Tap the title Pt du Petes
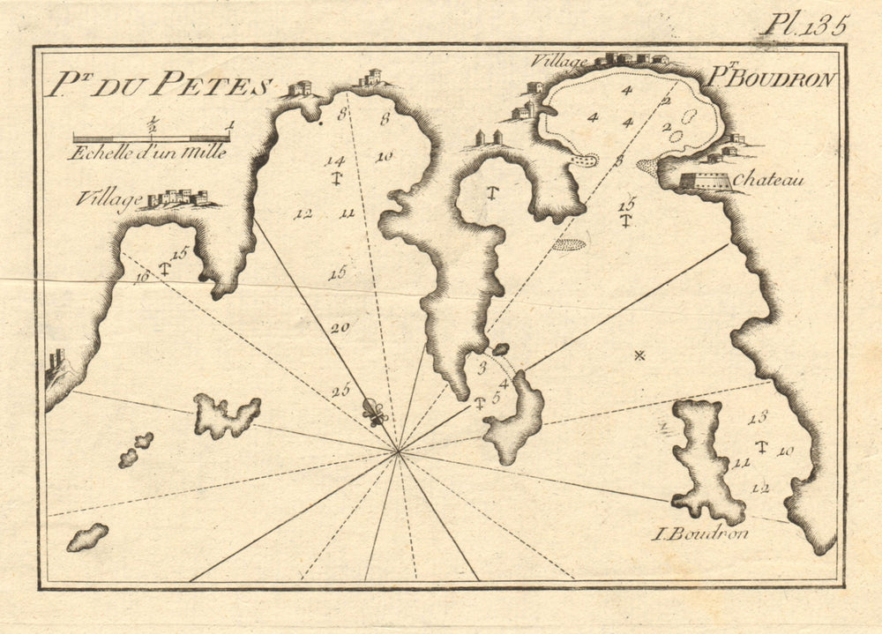click(159, 86)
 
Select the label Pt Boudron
click(771, 79)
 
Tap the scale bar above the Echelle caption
click(151, 138)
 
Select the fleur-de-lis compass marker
click(376, 412)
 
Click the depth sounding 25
click(340, 391)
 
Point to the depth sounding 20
click(340, 328)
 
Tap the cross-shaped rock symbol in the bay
click(639, 355)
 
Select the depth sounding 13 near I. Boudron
click(758, 417)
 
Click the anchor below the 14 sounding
click(335, 179)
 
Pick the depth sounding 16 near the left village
click(141, 279)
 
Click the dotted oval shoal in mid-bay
click(571, 243)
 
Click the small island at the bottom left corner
click(87, 536)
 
